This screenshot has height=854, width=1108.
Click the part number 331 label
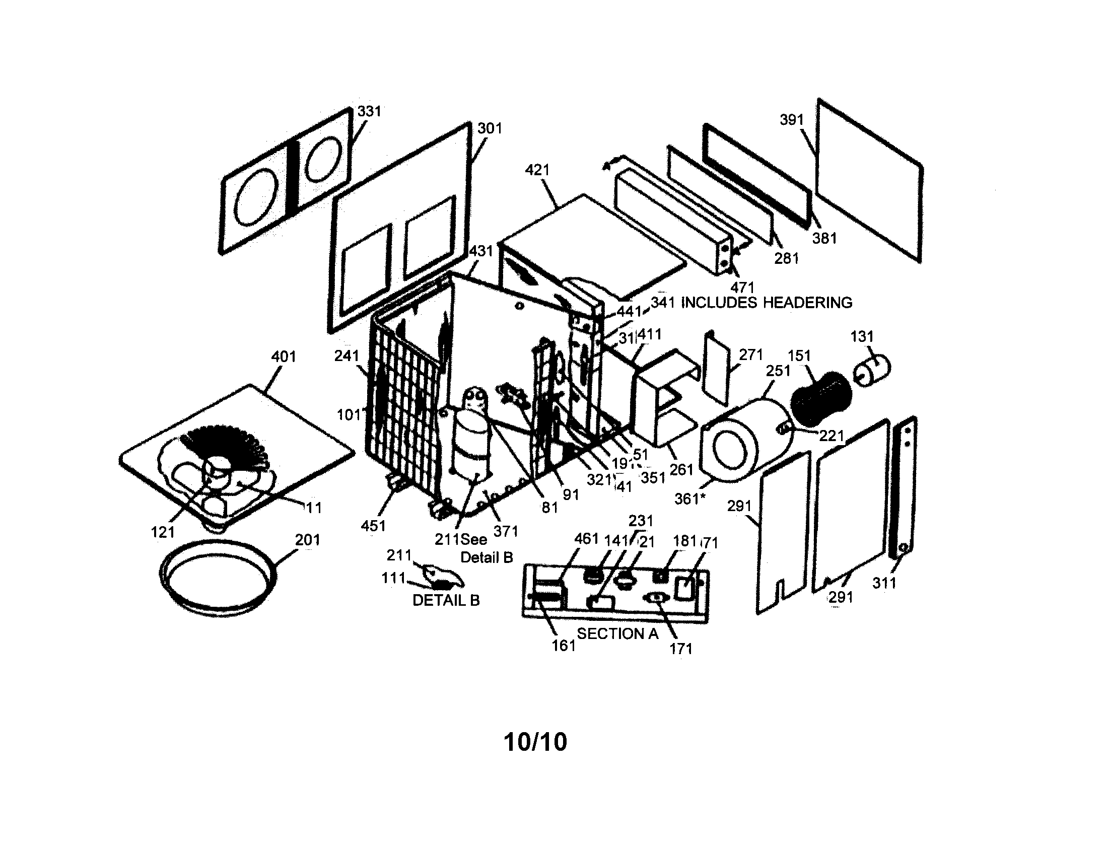click(369, 111)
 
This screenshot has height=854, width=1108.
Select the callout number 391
click(791, 120)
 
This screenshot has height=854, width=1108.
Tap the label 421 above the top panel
click(537, 170)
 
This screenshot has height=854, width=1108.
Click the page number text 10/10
click(535, 742)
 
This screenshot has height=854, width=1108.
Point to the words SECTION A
click(617, 634)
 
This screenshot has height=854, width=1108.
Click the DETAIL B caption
click(445, 600)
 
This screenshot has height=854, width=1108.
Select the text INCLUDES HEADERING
click(766, 303)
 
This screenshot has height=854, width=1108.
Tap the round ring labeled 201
click(218, 578)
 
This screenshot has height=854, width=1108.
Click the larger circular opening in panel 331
click(256, 198)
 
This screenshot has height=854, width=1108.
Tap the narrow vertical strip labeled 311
click(903, 487)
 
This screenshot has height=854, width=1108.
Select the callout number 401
click(283, 357)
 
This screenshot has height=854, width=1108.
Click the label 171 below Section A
click(680, 649)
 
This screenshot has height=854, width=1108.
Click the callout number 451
click(373, 526)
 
